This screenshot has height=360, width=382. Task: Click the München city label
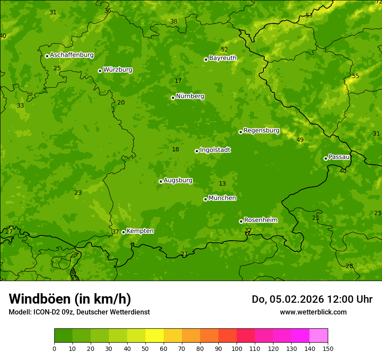pyautogui.click(x=222, y=198)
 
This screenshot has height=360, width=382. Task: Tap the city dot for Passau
pyautogui.click(x=326, y=158)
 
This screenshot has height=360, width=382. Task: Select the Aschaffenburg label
pyautogui.click(x=72, y=55)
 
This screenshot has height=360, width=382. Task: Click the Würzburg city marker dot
pyautogui.click(x=100, y=71)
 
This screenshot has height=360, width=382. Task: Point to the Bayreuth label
pyautogui.click(x=223, y=58)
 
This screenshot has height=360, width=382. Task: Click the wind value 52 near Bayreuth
pyautogui.click(x=224, y=50)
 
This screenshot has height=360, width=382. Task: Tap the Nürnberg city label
pyautogui.click(x=190, y=96)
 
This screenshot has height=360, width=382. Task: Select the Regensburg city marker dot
pyautogui.click(x=240, y=132)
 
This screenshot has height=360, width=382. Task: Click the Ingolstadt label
pyautogui.click(x=215, y=150)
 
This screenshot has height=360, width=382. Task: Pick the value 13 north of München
pyautogui.click(x=222, y=184)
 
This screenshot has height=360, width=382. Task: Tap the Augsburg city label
pyautogui.click(x=178, y=180)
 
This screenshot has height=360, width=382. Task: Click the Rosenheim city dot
pyautogui.click(x=241, y=221)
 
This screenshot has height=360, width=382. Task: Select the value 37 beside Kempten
pyautogui.click(x=115, y=232)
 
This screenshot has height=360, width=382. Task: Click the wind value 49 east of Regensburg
pyautogui.click(x=300, y=140)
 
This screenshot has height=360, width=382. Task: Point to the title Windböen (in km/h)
pyautogui.click(x=70, y=299)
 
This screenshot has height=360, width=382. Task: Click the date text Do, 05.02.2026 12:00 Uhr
pyautogui.click(x=312, y=299)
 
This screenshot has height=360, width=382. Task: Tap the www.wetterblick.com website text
pyautogui.click(x=313, y=312)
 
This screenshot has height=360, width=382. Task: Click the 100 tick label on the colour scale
pyautogui.click(x=237, y=348)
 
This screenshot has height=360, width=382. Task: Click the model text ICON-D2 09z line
pyautogui.click(x=79, y=312)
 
